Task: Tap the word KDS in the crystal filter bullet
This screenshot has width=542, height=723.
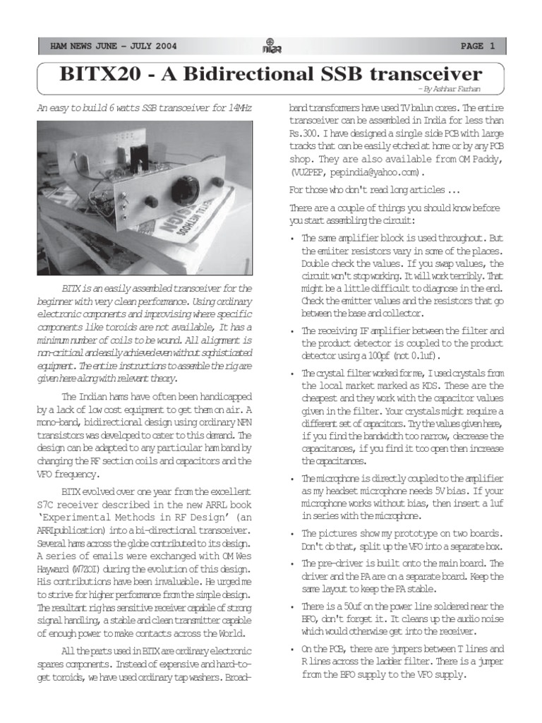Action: coord(414,386)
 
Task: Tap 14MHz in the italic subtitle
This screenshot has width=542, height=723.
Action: coord(240,108)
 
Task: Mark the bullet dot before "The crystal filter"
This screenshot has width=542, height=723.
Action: coord(293,374)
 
